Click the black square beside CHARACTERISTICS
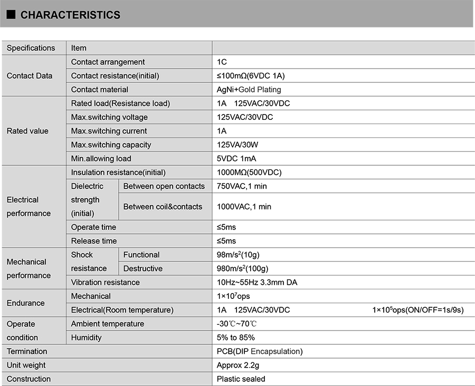pos(11,15)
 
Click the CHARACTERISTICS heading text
pos(70,15)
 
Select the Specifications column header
pos(31,48)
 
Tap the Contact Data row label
pos(30,76)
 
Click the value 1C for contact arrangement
pos(222,62)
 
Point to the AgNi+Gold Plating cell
pos(249,89)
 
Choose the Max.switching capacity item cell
pos(111,145)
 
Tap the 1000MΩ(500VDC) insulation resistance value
pos(249,172)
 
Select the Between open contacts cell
pos(164,186)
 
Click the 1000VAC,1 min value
pos(244,206)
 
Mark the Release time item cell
pos(94,241)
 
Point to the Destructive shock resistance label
pos(142,268)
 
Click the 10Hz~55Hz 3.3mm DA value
pos(257,282)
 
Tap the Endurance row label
pos(25,303)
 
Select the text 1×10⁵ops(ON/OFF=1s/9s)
pos(417,310)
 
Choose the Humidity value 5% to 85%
pos(235,337)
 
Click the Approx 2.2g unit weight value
pos(238,365)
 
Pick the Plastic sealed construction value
pos(241,379)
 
